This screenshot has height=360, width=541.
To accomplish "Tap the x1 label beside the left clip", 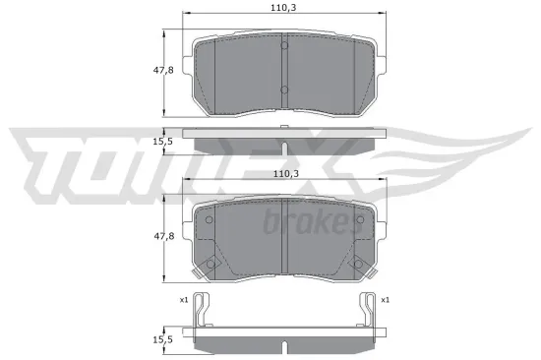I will [182, 299].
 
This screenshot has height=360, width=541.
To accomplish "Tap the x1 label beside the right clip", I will [385, 299].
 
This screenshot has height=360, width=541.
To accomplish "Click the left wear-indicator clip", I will [202, 311].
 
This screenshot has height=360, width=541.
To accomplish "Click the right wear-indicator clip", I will [365, 311].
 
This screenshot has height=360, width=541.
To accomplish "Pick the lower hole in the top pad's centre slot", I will [283, 90].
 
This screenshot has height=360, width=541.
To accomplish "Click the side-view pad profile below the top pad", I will [283, 143].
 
